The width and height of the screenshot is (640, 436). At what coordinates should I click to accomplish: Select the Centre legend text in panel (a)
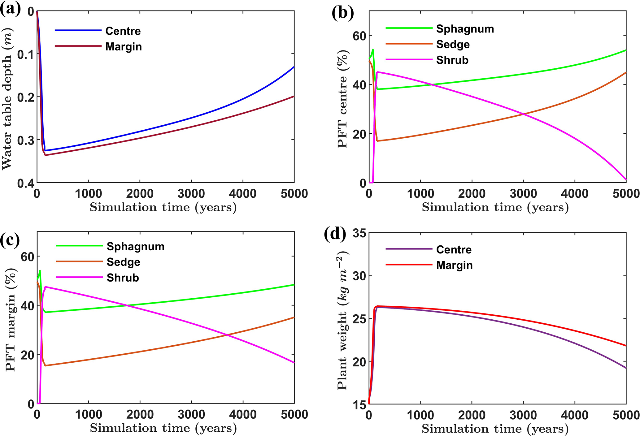click(x=123, y=31)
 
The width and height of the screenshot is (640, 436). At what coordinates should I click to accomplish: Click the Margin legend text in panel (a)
click(x=124, y=47)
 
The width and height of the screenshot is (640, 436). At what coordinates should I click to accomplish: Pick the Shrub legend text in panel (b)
click(x=452, y=60)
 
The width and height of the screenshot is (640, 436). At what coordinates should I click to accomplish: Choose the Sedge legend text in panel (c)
click(x=123, y=262)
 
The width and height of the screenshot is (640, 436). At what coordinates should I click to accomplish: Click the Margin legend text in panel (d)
click(x=454, y=265)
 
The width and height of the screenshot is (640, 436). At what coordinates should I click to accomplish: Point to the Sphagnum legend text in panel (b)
click(x=465, y=29)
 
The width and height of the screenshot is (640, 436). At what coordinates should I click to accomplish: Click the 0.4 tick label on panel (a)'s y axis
click(x=26, y=183)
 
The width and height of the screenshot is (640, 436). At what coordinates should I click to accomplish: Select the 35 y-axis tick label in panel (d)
click(x=359, y=233)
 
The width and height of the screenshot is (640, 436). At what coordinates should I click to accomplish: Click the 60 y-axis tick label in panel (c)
click(x=27, y=257)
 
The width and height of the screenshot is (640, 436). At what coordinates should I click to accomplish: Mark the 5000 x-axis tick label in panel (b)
click(x=626, y=194)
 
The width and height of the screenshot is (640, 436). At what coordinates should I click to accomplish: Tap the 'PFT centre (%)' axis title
click(x=342, y=98)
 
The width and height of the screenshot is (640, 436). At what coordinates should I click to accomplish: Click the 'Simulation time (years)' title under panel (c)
click(x=163, y=428)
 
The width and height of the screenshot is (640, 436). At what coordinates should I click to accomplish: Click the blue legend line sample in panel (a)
click(x=78, y=30)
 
